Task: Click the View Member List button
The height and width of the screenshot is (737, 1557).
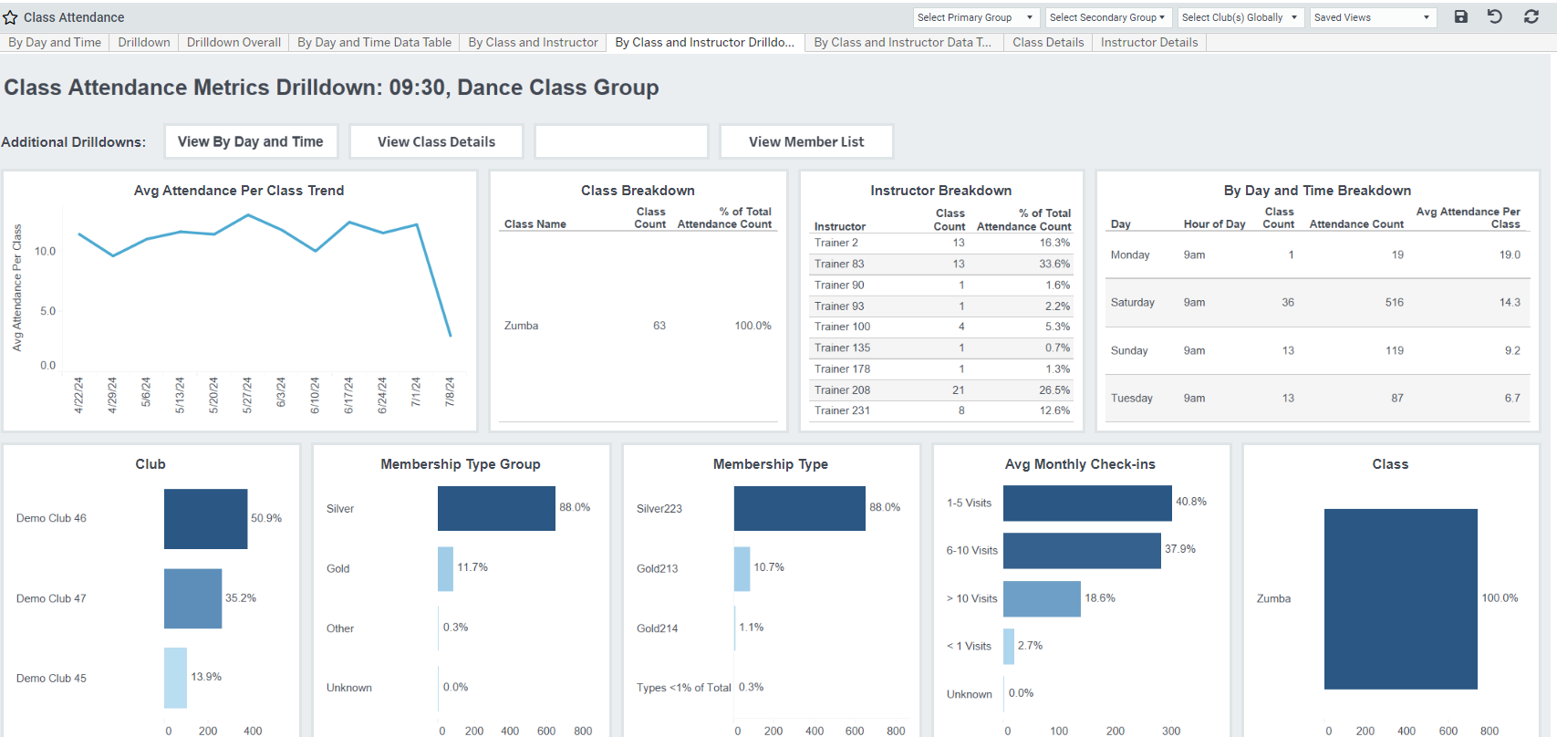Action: pos(806,141)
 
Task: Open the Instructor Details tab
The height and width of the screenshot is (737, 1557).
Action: pos(1148,42)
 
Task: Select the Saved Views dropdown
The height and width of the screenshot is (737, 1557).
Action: pos(1372,17)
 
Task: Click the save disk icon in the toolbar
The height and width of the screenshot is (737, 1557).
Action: pos(1460,16)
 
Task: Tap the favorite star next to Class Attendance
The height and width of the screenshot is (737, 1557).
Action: pos(10,17)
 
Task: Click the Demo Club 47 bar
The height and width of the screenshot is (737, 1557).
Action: pos(192,598)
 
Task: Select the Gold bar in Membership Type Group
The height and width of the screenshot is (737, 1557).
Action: pos(445,568)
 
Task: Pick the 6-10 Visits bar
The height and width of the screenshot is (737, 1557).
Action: pos(1082,550)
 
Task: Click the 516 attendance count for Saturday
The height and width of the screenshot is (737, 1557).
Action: pos(1394,302)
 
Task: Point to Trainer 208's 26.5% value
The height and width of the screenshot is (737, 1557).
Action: pos(1054,389)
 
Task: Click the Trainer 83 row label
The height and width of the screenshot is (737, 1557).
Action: pos(839,264)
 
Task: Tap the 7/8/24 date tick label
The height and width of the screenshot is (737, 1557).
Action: pos(450,393)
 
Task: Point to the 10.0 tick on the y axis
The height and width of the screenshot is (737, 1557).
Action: pos(46,251)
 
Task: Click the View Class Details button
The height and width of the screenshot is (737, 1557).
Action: pos(436,141)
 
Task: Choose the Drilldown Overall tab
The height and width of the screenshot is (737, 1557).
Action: pos(234,42)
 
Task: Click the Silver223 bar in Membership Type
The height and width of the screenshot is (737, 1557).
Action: pos(799,508)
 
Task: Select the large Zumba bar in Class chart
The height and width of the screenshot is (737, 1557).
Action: pos(1400,598)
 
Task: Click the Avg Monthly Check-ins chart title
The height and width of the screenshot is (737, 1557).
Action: pos(1080,464)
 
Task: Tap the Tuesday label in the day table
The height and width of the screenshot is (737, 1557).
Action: pos(1131,398)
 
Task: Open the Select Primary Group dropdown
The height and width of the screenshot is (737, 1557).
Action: pos(975,17)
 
